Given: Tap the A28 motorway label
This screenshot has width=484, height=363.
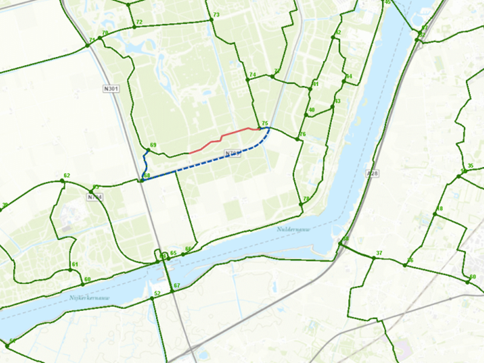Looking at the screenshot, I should [373, 174].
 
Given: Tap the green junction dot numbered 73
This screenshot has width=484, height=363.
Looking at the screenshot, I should [211, 19].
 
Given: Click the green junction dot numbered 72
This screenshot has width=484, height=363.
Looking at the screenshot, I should [133, 27].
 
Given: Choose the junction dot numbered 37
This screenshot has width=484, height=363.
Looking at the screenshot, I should [373, 258].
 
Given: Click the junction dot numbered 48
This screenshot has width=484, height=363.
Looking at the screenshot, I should [435, 214].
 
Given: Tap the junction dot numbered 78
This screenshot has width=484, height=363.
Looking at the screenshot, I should [301, 204].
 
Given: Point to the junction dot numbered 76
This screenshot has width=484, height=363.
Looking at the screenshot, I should [298, 139].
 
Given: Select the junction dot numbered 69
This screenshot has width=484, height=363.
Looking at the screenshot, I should [148, 150].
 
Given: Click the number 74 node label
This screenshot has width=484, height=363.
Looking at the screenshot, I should [253, 74].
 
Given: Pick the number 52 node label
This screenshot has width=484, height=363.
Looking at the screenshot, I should [157, 293].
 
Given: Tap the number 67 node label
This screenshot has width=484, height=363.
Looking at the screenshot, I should [177, 286].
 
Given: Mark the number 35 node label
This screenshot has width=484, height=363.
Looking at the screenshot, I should [470, 166].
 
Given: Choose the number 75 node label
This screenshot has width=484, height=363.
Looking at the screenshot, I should [264, 123].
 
